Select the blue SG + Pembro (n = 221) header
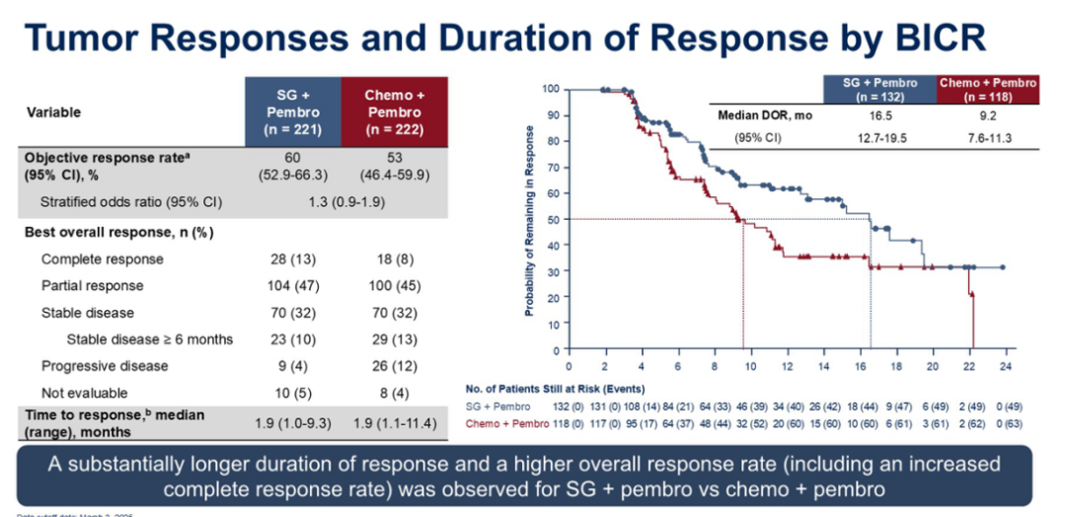[x=293, y=111]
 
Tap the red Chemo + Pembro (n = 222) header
[x=394, y=111]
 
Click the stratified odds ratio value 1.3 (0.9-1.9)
[x=343, y=203]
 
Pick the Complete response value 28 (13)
[x=293, y=259]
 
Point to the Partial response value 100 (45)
[x=394, y=286]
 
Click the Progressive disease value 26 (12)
[x=394, y=366]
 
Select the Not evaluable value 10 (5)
[x=293, y=393]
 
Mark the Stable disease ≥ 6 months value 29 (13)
[x=394, y=339]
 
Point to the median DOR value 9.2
[x=987, y=115]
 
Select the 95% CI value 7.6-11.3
[x=987, y=137]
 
